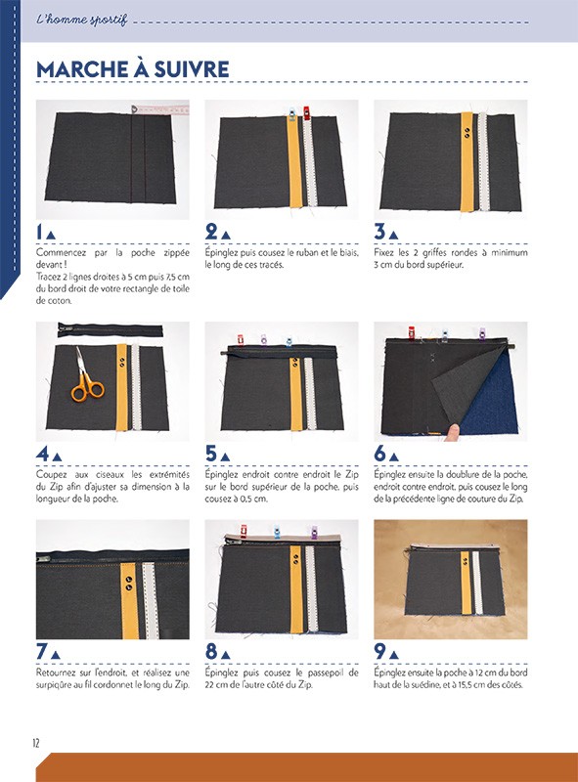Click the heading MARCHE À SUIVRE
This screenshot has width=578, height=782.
click(132, 69)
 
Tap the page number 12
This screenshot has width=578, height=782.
click(37, 743)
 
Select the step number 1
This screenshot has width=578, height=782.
click(40, 232)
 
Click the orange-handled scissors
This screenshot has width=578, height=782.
click(86, 383)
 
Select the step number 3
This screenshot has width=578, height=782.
click(379, 232)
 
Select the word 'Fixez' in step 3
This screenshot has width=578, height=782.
click(384, 252)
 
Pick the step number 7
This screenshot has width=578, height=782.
click(40, 652)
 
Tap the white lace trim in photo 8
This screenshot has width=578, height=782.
click(313, 596)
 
